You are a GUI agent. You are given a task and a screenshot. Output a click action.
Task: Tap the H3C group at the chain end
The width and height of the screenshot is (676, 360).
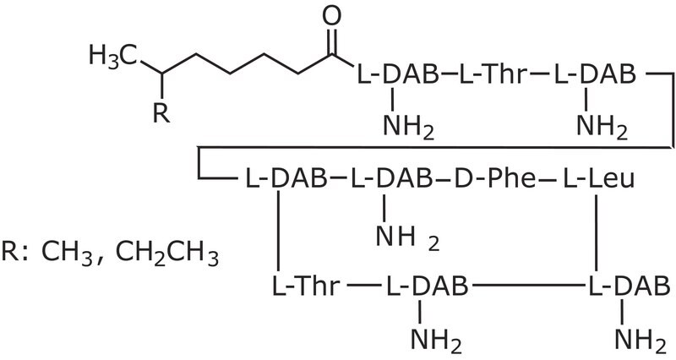point(113,56)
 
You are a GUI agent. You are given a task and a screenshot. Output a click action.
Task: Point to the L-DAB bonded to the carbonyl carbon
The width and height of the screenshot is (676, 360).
point(397,74)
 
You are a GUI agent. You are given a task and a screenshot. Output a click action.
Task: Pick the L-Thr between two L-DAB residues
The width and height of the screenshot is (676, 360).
point(492,74)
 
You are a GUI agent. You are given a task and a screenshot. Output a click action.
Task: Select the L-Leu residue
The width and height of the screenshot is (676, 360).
point(599,178)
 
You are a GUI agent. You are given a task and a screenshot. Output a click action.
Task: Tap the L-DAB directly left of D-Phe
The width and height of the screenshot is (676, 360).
point(391,178)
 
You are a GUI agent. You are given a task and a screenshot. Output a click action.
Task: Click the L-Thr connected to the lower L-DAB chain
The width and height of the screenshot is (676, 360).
point(306,286)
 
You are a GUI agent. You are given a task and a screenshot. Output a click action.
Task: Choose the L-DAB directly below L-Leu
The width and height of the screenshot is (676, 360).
point(630,286)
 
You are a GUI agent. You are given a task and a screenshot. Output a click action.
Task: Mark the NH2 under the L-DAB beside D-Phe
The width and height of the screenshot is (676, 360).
point(407,237)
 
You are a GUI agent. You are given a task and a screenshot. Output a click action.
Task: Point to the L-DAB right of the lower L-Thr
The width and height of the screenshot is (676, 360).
point(427,286)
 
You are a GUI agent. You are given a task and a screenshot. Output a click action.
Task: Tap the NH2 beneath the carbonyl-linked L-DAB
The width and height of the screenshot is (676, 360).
point(408,127)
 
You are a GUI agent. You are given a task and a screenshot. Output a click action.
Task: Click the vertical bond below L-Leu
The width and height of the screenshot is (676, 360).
point(596,232)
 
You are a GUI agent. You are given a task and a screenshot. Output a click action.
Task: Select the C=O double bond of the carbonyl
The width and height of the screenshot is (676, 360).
point(331,41)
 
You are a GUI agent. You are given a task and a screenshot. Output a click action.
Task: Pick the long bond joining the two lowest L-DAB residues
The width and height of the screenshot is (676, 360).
point(527,286)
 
